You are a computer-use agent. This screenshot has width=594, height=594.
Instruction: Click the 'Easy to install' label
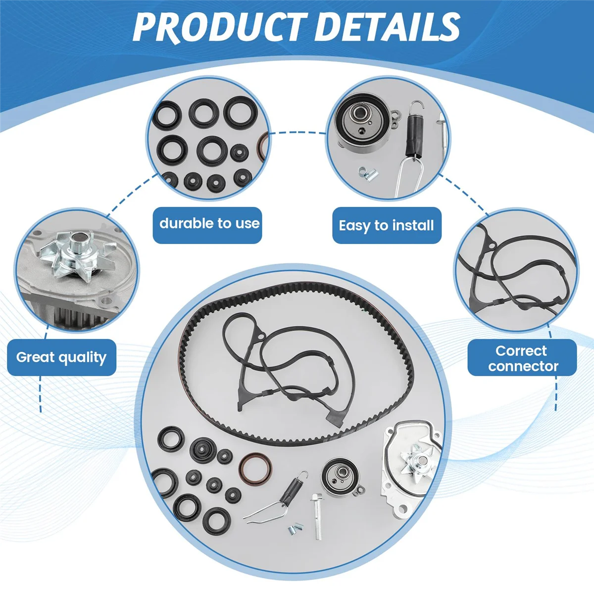coord(386,226)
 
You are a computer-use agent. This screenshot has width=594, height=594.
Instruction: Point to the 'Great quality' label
coord(61,357)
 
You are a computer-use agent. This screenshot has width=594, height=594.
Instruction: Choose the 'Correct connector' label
coord(522,358)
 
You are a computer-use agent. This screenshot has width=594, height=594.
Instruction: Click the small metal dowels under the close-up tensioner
coord(368,173)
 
